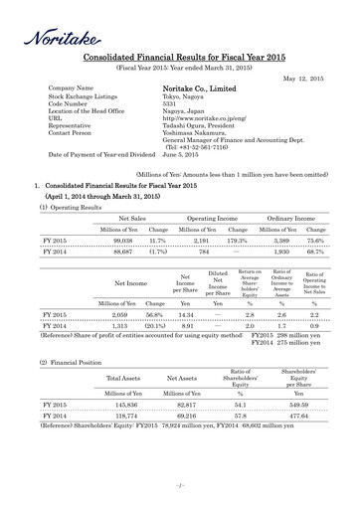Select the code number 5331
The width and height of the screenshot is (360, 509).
pyautogui.click(x=171, y=103)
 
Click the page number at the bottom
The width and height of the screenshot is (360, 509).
pyautogui.click(x=180, y=485)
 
